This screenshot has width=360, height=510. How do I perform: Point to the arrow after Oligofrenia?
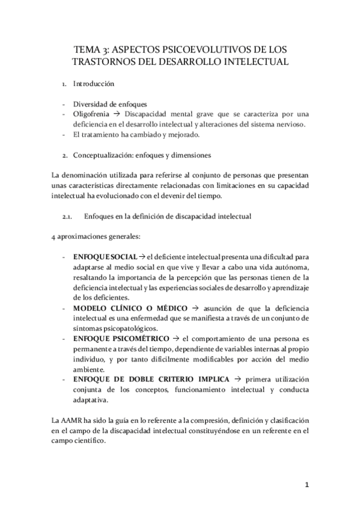coord(120,114)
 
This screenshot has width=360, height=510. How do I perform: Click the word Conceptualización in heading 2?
coord(109,156)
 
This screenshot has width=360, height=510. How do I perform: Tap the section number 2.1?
coord(67,215)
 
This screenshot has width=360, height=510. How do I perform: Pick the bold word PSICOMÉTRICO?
coord(143,339)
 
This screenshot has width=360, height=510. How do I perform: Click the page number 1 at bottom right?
coord(307,483)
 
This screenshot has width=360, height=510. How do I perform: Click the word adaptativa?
coord(91,400)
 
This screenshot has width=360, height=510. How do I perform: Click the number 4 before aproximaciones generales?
coord(55,236)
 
